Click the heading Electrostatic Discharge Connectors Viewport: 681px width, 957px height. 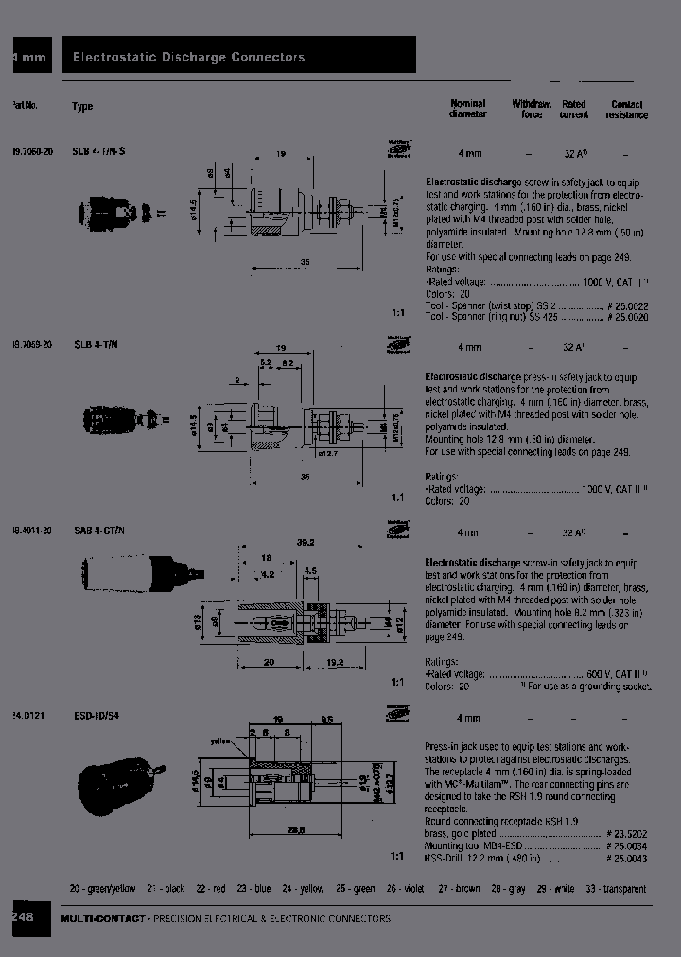coord(189,58)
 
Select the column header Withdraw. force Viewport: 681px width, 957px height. coord(532,109)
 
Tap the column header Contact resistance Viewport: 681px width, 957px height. coord(627,109)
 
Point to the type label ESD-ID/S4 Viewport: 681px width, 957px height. coord(97,716)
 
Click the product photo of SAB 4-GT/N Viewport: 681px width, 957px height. coord(142,573)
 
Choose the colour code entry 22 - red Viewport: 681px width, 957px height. coord(210,889)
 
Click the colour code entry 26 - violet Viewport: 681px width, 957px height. coord(406,889)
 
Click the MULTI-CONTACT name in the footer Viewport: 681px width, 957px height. coord(103,919)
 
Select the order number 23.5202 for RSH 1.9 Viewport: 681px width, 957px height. coord(627,835)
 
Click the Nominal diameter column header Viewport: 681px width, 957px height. coord(467,109)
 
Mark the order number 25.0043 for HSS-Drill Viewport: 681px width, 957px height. coord(627,858)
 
